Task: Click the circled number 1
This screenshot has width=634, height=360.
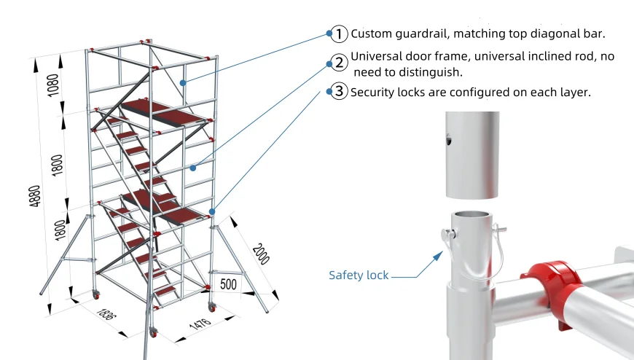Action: tap(339, 34)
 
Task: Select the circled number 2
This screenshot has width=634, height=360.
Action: tap(339, 63)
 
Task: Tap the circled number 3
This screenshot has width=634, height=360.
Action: tap(339, 92)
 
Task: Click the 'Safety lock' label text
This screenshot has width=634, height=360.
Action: tap(359, 275)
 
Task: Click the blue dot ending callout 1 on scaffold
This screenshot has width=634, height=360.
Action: tap(183, 82)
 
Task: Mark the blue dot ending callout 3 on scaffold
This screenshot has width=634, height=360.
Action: tap(211, 212)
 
